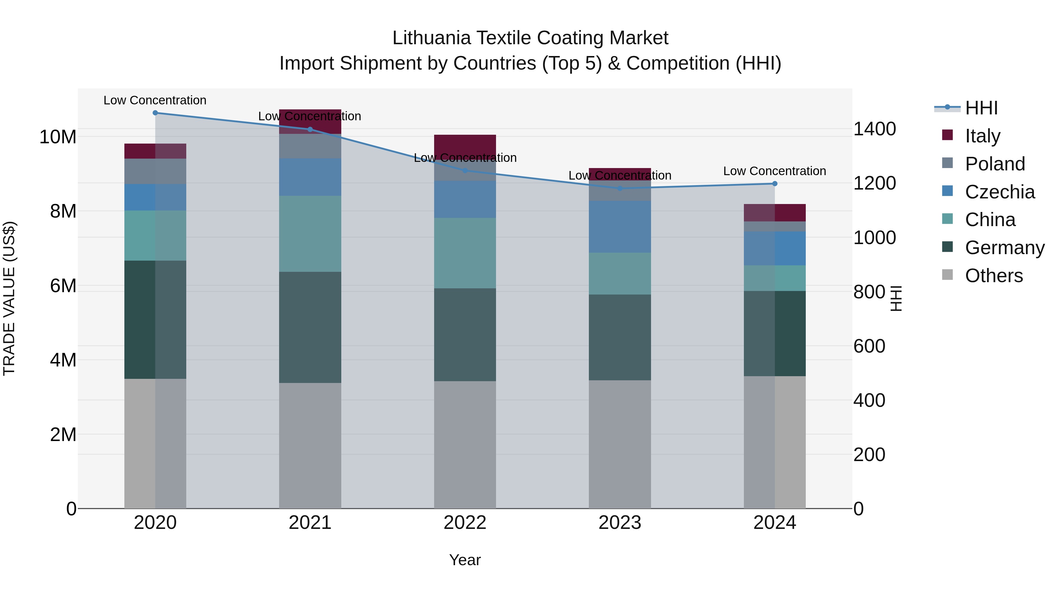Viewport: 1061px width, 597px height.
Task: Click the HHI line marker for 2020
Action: click(x=155, y=113)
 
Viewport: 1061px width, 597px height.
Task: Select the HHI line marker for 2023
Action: click(x=620, y=188)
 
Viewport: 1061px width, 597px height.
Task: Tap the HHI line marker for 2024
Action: click(x=775, y=184)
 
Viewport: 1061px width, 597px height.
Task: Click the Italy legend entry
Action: click(x=982, y=136)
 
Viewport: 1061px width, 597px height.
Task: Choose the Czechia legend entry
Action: click(x=1000, y=192)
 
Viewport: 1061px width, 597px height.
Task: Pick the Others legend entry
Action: click(x=994, y=276)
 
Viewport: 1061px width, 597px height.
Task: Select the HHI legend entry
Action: click(x=981, y=108)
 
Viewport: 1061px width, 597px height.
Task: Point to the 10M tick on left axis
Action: click(x=58, y=137)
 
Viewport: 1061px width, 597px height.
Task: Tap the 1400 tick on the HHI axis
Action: click(x=874, y=129)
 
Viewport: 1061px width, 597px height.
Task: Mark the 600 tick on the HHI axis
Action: click(x=869, y=346)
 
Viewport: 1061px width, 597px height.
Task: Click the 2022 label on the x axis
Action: click(x=465, y=523)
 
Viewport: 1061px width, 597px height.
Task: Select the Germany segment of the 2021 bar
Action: click(x=310, y=328)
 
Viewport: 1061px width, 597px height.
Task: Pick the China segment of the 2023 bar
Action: click(x=620, y=274)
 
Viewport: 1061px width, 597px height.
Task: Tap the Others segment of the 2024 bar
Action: click(x=775, y=442)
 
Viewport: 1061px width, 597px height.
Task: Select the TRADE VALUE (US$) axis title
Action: click(x=9, y=298)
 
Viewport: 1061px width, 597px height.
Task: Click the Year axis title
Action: click(x=465, y=560)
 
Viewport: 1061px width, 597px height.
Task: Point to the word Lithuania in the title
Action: click(x=431, y=38)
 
